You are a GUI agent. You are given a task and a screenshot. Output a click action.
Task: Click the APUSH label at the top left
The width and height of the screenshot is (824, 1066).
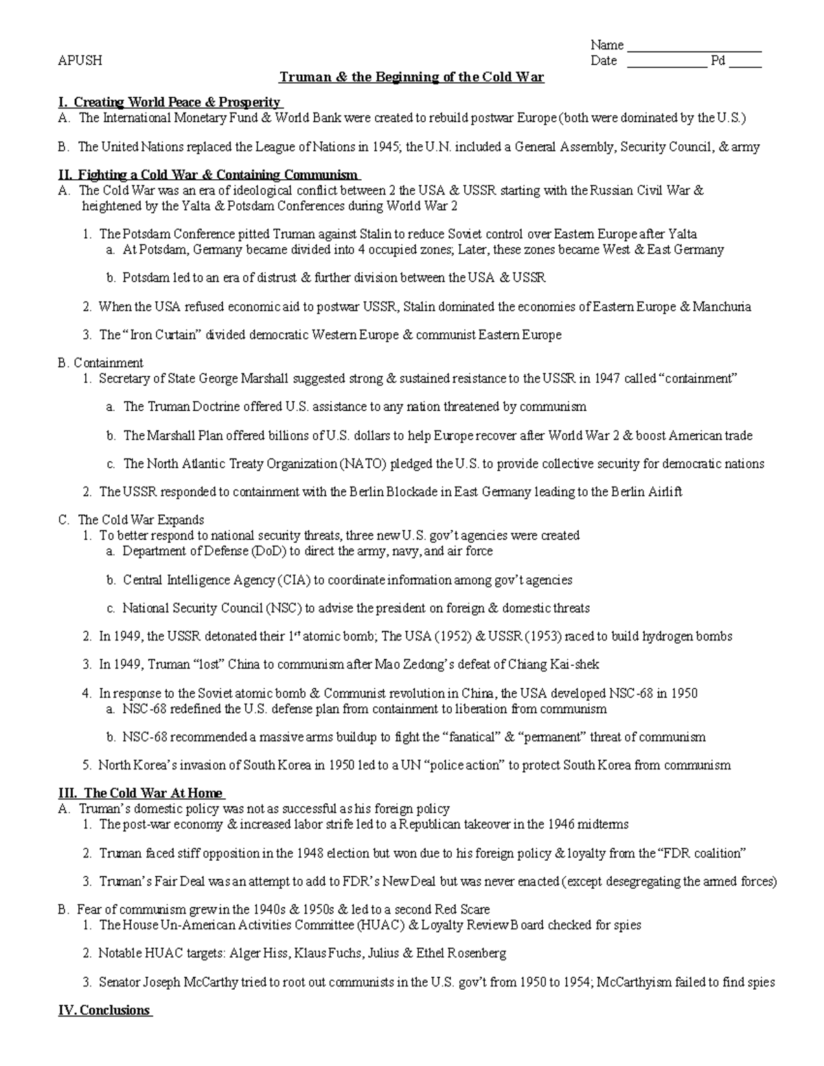point(80,60)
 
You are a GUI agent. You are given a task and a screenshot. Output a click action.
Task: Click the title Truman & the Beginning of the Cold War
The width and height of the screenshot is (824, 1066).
point(411,77)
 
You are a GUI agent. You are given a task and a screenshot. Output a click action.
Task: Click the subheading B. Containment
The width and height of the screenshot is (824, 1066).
point(101,362)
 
